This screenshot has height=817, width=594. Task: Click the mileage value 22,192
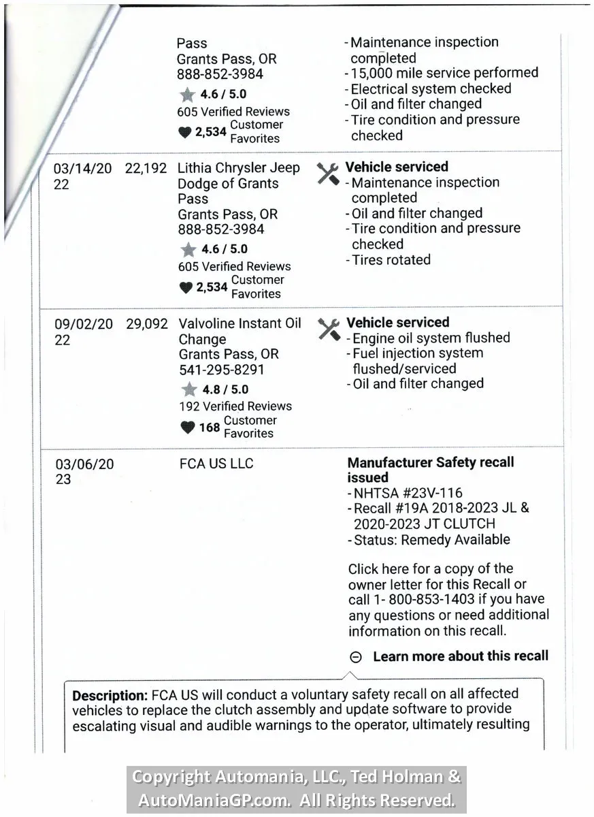click(x=146, y=168)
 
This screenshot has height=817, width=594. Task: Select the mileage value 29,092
click(x=146, y=324)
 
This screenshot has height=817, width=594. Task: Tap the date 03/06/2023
click(x=84, y=472)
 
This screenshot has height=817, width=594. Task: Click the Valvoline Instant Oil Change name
click(x=240, y=332)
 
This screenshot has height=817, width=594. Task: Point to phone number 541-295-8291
click(x=221, y=370)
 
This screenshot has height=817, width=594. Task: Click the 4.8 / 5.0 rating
click(x=225, y=390)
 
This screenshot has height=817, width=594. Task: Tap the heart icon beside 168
click(x=187, y=428)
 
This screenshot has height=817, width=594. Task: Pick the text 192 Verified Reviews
click(x=235, y=406)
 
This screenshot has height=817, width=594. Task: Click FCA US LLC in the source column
click(x=216, y=464)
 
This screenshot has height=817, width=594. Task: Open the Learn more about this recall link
click(x=460, y=656)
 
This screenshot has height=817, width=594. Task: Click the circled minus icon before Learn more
click(x=355, y=657)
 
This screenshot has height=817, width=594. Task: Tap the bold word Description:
click(x=110, y=696)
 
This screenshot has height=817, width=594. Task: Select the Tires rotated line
click(x=391, y=260)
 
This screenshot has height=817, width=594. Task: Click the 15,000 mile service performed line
click(x=444, y=73)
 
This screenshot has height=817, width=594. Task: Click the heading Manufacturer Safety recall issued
click(x=430, y=470)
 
